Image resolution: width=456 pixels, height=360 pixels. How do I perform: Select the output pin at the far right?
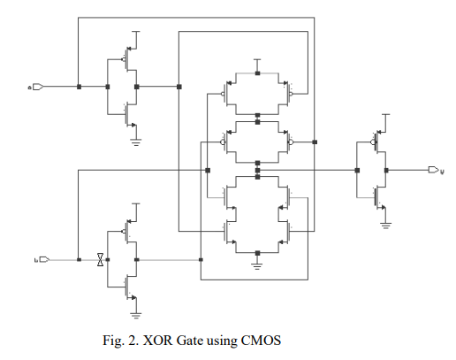432,170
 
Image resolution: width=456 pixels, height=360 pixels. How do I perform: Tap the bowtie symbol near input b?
101,259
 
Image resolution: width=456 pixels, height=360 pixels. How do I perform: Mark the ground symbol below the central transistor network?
257,262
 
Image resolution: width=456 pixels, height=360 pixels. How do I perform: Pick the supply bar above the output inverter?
385,115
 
